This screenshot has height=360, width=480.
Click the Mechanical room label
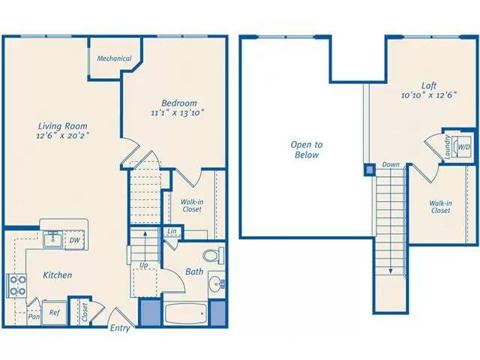coord(114,58)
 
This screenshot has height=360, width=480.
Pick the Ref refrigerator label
coord(55,313)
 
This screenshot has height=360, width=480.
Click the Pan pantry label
coord(34,316)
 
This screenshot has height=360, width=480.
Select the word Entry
coord(120,328)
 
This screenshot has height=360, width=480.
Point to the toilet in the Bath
coord(214,256)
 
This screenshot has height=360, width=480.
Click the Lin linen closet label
coord(172,232)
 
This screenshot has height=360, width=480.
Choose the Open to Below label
coord(307,149)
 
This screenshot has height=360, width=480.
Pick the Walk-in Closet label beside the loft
coord(440,206)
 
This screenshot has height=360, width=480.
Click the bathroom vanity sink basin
coord(216,284)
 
